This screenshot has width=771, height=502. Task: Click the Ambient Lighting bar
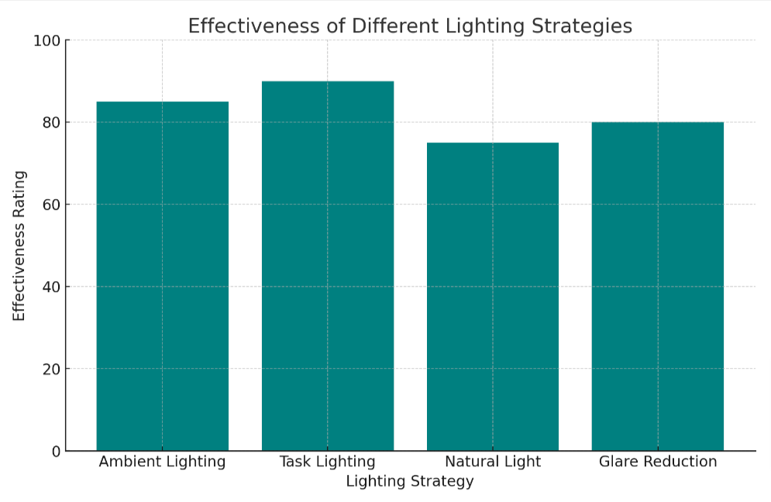tap(162, 276)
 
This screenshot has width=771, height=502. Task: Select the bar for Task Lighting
tap(327, 266)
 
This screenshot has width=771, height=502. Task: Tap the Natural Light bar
tap(493, 297)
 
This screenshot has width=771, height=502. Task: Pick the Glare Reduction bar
tap(658, 286)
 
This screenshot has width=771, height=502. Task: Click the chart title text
tap(410, 26)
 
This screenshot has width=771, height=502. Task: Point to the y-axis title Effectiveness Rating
tap(19, 246)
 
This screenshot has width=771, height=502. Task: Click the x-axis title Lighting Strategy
tap(410, 482)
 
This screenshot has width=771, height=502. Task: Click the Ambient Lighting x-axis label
tap(162, 462)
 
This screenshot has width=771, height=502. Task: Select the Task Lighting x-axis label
tap(327, 462)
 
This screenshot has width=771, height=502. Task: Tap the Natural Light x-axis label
tap(493, 462)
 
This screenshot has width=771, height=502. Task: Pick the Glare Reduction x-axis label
tap(658, 462)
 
